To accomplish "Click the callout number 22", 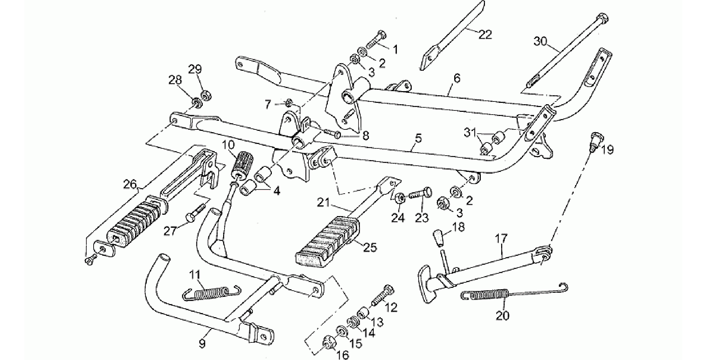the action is click(x=485, y=35).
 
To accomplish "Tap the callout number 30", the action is click(x=541, y=41).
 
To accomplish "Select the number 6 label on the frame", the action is click(x=457, y=78).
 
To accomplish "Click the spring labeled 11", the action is click(x=211, y=293).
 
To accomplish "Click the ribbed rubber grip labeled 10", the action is click(x=242, y=165).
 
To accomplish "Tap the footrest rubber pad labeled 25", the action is click(x=328, y=244).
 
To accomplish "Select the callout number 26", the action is click(x=131, y=185).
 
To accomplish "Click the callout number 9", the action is click(x=202, y=343).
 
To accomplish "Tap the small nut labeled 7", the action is click(x=289, y=103).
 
